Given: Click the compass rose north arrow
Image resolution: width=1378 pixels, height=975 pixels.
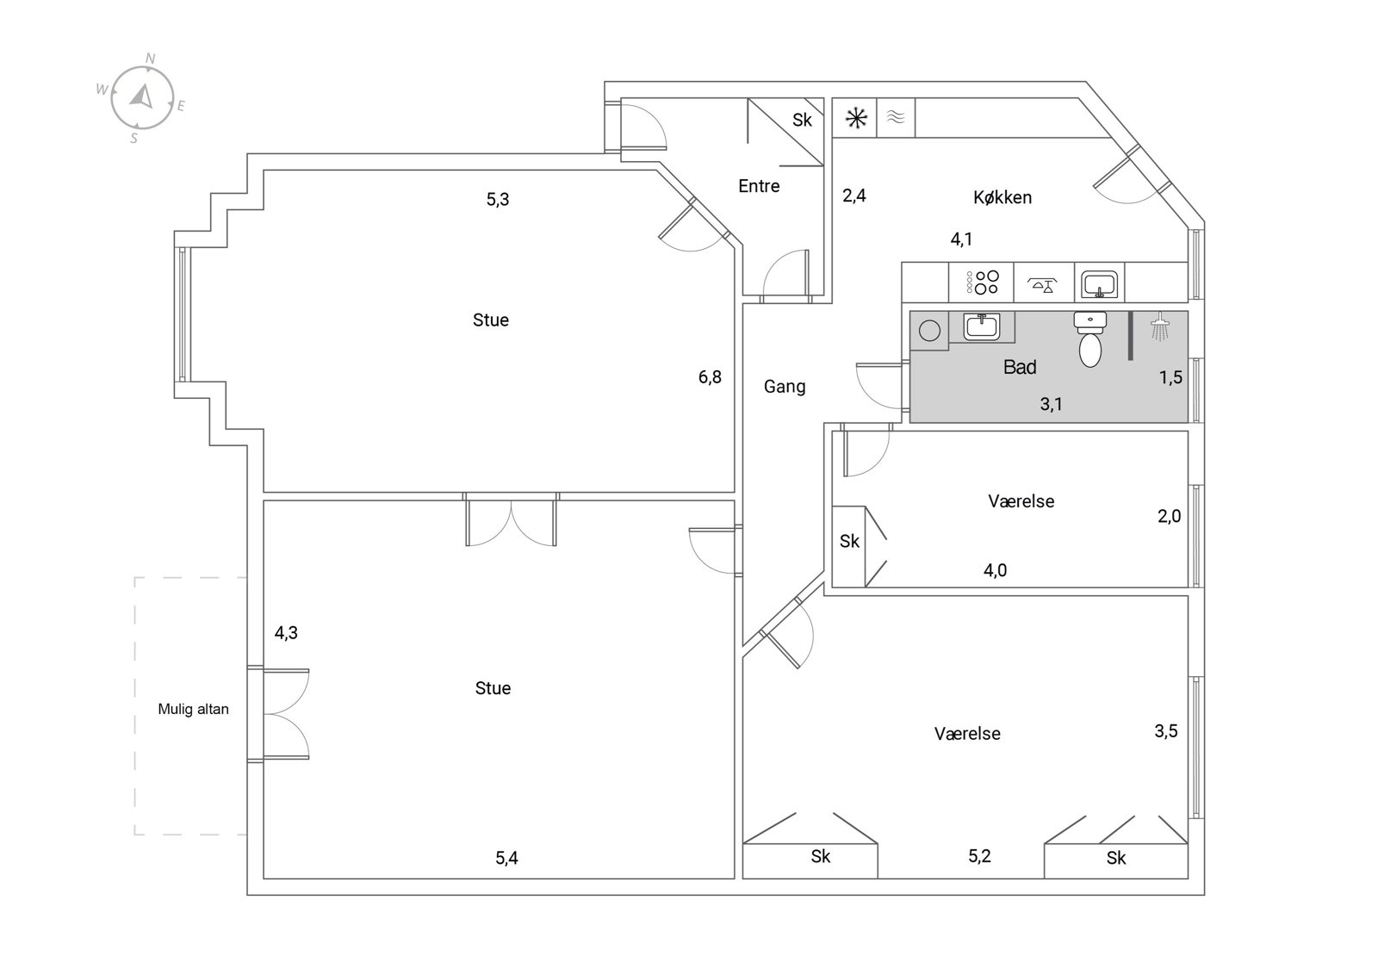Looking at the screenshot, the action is (143, 96).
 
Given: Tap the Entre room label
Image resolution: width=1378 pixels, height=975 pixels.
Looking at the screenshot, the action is (759, 186).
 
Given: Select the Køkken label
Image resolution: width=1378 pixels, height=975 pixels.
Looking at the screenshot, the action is (1002, 197).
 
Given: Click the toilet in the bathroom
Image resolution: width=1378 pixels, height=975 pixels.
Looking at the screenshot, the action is (1090, 339).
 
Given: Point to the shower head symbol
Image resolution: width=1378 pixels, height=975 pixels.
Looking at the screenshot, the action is (1159, 326).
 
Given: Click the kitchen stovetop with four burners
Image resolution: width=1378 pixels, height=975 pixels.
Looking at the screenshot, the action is (983, 283).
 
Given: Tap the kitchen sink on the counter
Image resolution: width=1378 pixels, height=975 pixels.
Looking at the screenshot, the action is (1099, 283).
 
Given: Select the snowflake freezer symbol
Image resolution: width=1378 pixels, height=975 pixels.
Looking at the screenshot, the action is (856, 117).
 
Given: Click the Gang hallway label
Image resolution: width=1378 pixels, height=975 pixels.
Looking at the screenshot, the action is (785, 387).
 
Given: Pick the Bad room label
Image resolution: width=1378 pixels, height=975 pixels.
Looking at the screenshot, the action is (1020, 367).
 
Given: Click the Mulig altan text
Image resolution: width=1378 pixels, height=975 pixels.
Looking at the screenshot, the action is (193, 709).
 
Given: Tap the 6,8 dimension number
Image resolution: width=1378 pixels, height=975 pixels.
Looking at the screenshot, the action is (710, 376).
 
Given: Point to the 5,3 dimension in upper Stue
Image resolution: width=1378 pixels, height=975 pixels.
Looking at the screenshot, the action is (498, 199).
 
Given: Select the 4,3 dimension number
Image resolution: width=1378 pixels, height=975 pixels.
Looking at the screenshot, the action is (286, 632).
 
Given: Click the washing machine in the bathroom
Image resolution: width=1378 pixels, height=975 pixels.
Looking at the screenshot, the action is (929, 331).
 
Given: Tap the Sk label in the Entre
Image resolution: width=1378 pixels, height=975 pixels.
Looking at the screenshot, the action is (802, 120).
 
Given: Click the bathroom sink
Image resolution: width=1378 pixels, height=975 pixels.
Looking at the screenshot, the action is (981, 326).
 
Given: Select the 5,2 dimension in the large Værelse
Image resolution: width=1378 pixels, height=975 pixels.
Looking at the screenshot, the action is (979, 855).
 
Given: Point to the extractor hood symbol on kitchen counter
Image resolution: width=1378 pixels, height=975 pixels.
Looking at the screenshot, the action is (1043, 284).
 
